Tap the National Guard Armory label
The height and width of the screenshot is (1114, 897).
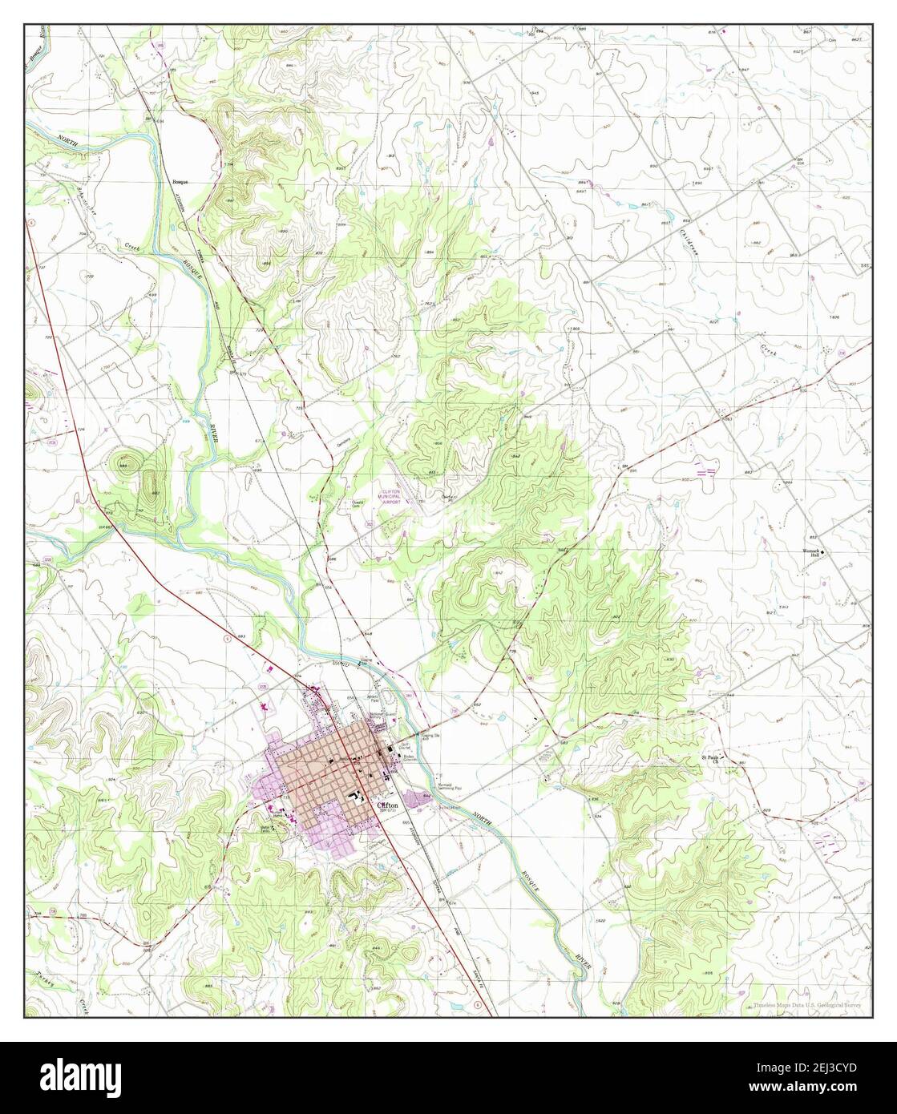click(x=378, y=716)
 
